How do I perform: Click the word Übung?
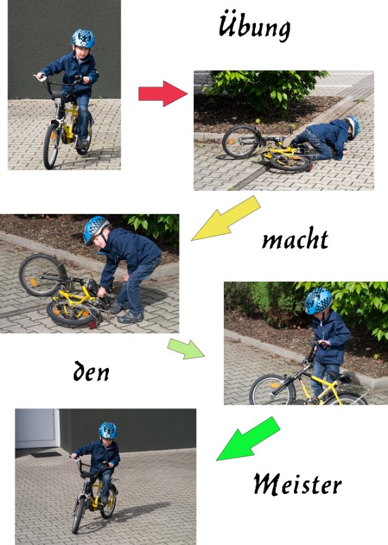(x=255, y=26)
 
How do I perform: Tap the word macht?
(x=295, y=238)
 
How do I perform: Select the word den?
(x=91, y=371)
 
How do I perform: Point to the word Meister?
(x=297, y=484)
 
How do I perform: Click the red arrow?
(x=163, y=93)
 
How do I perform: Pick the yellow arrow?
(x=226, y=218)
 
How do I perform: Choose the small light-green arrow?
(x=186, y=349)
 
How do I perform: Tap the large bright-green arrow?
(x=248, y=439)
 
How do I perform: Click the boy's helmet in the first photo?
(x=82, y=38)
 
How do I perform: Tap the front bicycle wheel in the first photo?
(x=51, y=146)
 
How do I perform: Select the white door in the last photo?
(x=37, y=429)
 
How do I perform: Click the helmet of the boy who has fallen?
(x=353, y=127)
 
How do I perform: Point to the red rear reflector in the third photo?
(x=93, y=324)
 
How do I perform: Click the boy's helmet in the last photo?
(x=108, y=431)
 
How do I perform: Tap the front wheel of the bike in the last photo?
(x=78, y=514)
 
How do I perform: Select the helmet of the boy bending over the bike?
(x=95, y=229)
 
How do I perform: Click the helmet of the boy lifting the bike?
(x=317, y=301)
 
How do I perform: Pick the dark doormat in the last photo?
(x=46, y=454)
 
